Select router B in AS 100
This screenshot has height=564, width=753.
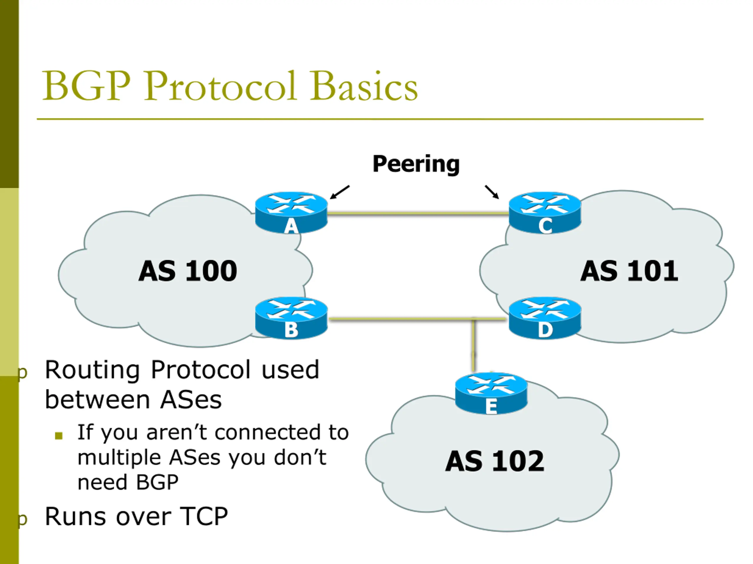291,318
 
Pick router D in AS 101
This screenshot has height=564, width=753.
545,318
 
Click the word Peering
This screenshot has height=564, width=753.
416,164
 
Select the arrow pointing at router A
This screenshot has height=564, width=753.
339,192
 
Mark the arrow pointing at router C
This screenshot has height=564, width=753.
492,192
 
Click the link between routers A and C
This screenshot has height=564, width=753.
418,214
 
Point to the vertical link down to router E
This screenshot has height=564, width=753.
474,345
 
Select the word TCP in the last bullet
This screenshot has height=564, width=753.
204,517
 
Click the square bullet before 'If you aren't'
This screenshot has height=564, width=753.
59,436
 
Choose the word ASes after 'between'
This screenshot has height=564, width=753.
191,400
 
